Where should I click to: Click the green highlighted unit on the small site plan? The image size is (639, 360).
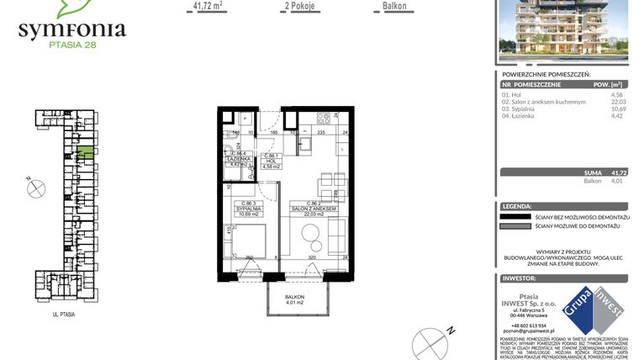click(x=85, y=154)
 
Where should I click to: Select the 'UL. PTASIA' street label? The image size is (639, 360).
click(x=63, y=313)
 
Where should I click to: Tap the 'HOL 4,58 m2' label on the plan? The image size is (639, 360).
click(x=271, y=162)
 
